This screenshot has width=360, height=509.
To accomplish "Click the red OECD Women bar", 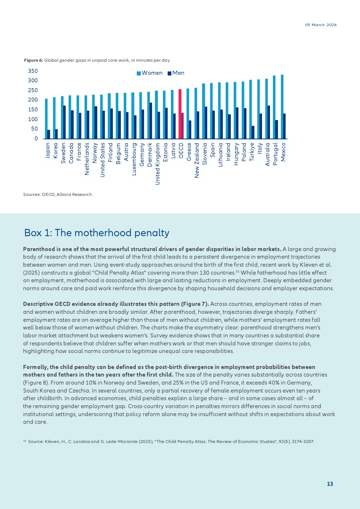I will click(x=180, y=114).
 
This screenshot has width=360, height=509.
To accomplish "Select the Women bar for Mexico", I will click(x=282, y=107).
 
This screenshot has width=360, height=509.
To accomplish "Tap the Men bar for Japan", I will click(x=49, y=134).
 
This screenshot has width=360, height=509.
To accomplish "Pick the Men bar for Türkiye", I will click(x=253, y=132).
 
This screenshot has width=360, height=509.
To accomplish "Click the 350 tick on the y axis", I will click(x=33, y=71).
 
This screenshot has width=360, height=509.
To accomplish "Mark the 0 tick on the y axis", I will click(x=36, y=139).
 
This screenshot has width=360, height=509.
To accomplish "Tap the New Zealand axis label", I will click(x=197, y=160).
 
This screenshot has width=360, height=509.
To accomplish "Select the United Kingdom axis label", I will click(x=157, y=164).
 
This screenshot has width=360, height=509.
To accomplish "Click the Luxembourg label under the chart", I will click(x=134, y=159).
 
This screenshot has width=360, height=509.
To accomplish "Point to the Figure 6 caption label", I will click(x=33, y=60).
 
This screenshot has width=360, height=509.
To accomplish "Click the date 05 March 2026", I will click(x=321, y=25).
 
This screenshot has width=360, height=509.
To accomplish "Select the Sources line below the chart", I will click(x=58, y=194).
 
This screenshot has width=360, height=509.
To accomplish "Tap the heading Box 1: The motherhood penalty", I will click(x=97, y=233).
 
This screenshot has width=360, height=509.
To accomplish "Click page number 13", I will click(x=330, y=484).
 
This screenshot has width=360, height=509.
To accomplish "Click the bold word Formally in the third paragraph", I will click(x=35, y=367).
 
